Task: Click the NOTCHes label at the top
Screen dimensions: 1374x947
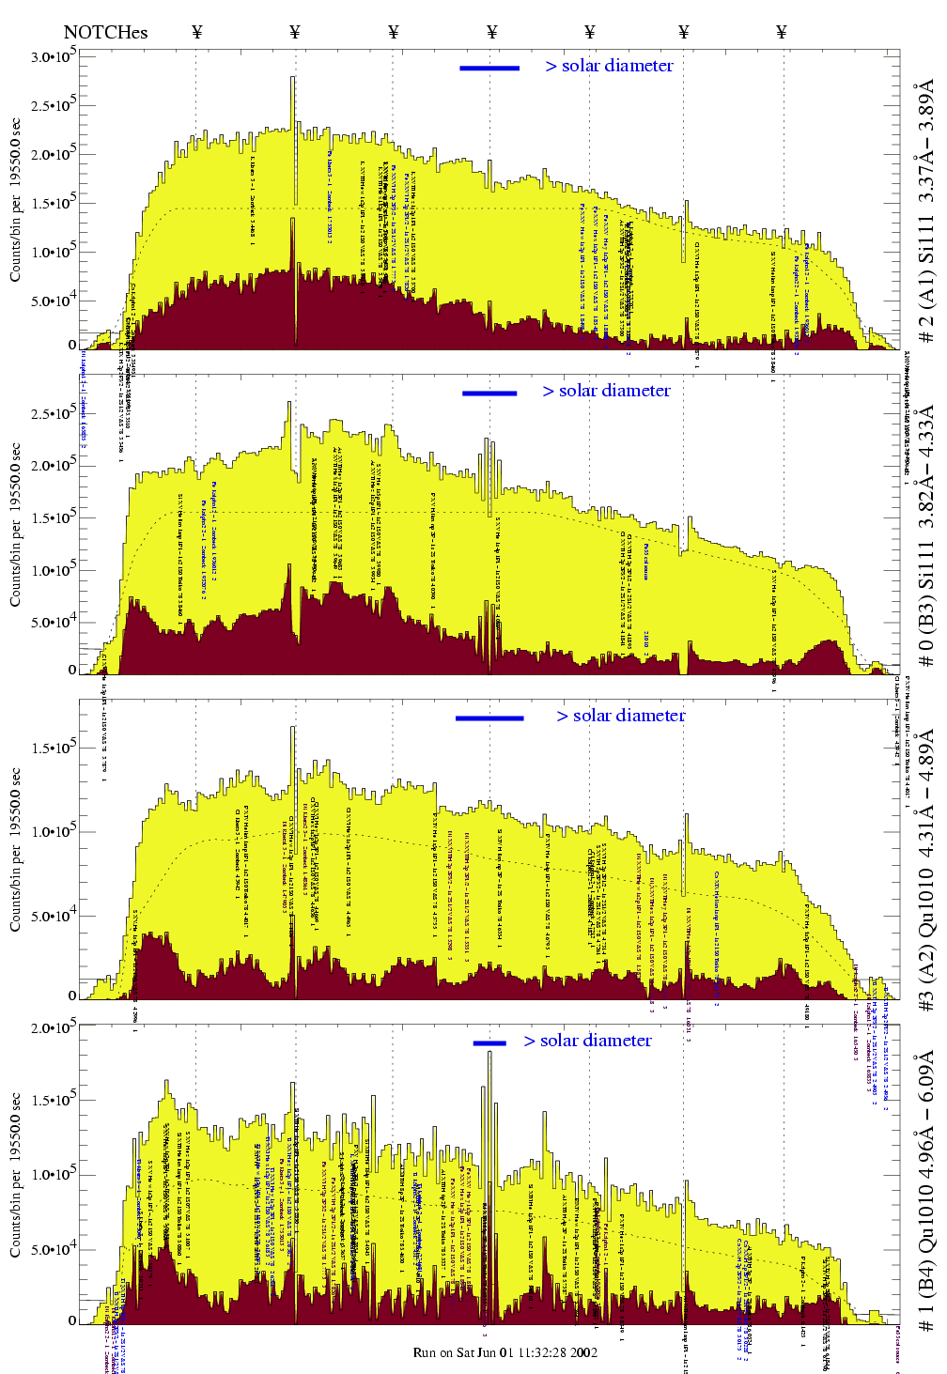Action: (x=105, y=33)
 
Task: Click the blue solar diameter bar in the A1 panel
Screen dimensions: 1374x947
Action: (x=489, y=68)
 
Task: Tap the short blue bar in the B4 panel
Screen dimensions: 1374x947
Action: (x=489, y=1042)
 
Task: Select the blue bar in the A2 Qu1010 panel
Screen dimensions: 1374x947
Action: (x=489, y=718)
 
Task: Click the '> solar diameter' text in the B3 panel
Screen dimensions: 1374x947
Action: (x=607, y=391)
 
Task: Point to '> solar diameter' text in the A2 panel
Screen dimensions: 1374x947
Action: (x=621, y=716)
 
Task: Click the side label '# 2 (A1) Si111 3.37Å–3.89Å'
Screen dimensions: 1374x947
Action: (x=926, y=211)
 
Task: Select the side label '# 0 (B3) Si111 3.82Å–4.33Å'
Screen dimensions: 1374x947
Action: (x=926, y=535)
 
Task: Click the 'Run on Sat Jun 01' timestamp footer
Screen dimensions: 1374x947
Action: (x=505, y=1352)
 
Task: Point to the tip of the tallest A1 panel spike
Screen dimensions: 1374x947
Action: (x=293, y=78)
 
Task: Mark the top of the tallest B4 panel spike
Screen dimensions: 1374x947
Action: (x=489, y=1052)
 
